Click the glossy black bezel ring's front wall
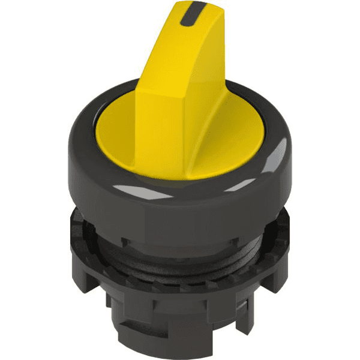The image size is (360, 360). point(180,207)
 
